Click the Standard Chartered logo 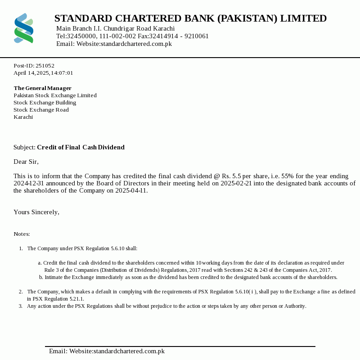pos(24,28)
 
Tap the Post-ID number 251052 pos(45,66)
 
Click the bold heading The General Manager pos(42,88)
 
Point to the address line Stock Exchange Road pos(41,110)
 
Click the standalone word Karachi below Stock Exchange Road pos(23,117)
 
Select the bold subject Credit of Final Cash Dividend pos(81,147)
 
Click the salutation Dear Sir pos(26,162)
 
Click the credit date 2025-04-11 pos(131,190)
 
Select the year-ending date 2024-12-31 pos(28,183)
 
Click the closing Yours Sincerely pos(36,212)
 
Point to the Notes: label pos(22,234)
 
